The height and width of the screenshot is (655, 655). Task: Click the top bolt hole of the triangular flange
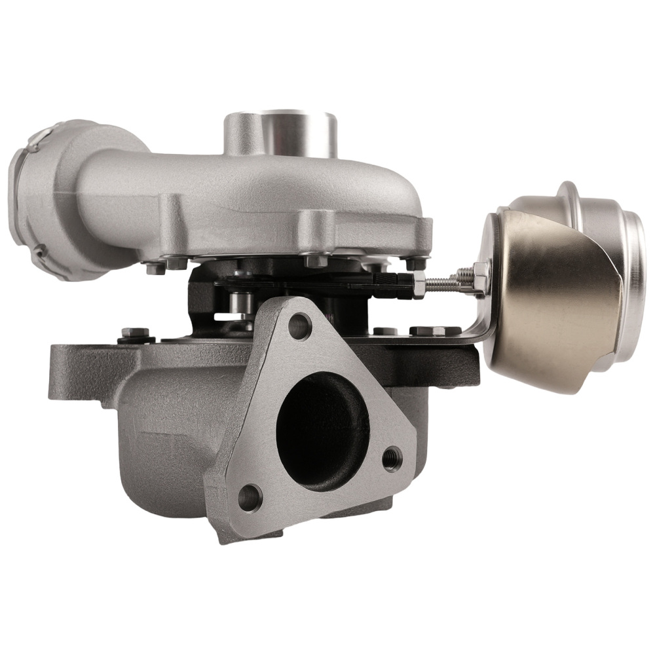pos(299,326)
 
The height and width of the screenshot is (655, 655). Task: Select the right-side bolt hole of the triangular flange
pos(392,458)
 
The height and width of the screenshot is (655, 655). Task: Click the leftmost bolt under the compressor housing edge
pos(155,268)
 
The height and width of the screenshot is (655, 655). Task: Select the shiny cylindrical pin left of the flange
pos(242,303)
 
